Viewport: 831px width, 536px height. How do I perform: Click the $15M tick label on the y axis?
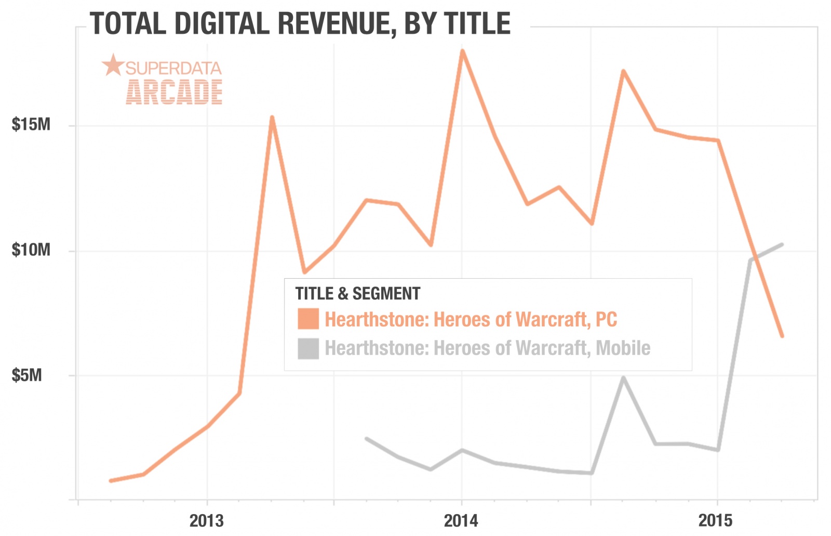31,125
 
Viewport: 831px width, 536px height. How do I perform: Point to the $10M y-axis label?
31,250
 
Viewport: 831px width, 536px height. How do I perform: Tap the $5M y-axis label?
27,375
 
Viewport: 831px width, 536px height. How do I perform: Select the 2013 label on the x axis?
206,520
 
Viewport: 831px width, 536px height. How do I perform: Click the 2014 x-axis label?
461,520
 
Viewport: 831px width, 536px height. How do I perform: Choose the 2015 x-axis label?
715,520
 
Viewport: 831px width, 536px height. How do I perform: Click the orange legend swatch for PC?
308,319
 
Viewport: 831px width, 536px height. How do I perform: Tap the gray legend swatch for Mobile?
308,348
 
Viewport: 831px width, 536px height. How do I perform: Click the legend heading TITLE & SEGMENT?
358,294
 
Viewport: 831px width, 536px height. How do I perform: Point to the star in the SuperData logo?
113,66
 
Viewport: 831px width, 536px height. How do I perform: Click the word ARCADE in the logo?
174,93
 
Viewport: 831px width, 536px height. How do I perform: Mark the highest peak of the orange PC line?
462,51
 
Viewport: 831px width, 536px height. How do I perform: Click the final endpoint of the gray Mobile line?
781,244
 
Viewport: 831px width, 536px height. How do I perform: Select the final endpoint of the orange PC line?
782,336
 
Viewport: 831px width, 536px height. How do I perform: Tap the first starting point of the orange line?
111,480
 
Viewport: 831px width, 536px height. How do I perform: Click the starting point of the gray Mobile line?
367,439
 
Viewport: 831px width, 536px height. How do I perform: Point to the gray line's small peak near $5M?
623,377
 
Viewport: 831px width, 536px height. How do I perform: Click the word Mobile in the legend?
623,348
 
